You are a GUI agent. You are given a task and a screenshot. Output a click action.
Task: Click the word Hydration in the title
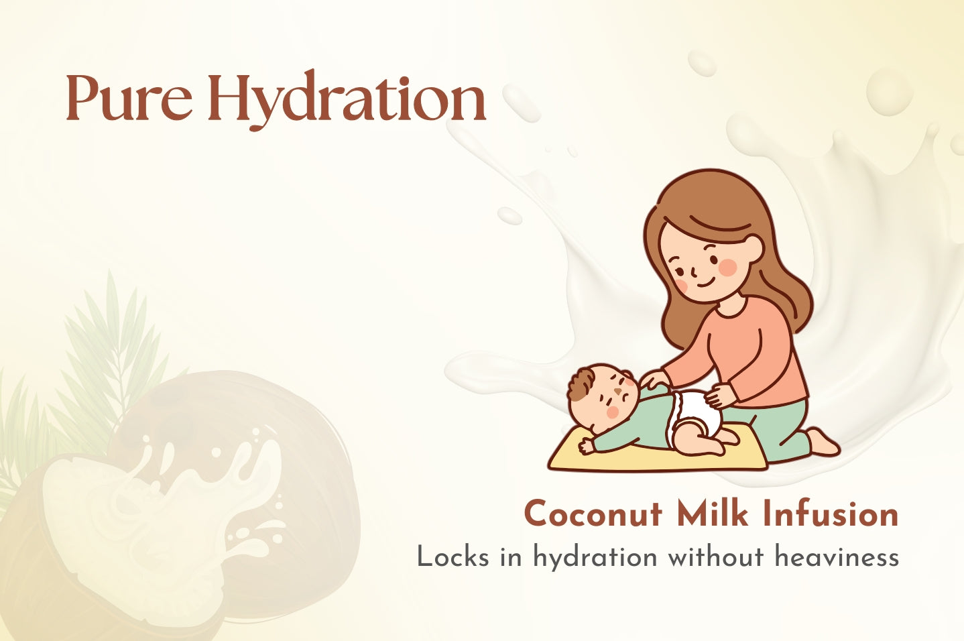point(347,100)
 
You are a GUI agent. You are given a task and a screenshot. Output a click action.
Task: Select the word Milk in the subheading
point(712,513)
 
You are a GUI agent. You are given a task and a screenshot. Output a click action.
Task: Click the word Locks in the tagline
point(453,557)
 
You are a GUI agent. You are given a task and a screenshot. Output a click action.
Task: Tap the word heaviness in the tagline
point(837,557)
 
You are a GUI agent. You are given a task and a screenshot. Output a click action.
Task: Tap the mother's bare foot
point(823,442)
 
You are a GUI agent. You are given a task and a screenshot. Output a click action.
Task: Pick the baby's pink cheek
point(612,412)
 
